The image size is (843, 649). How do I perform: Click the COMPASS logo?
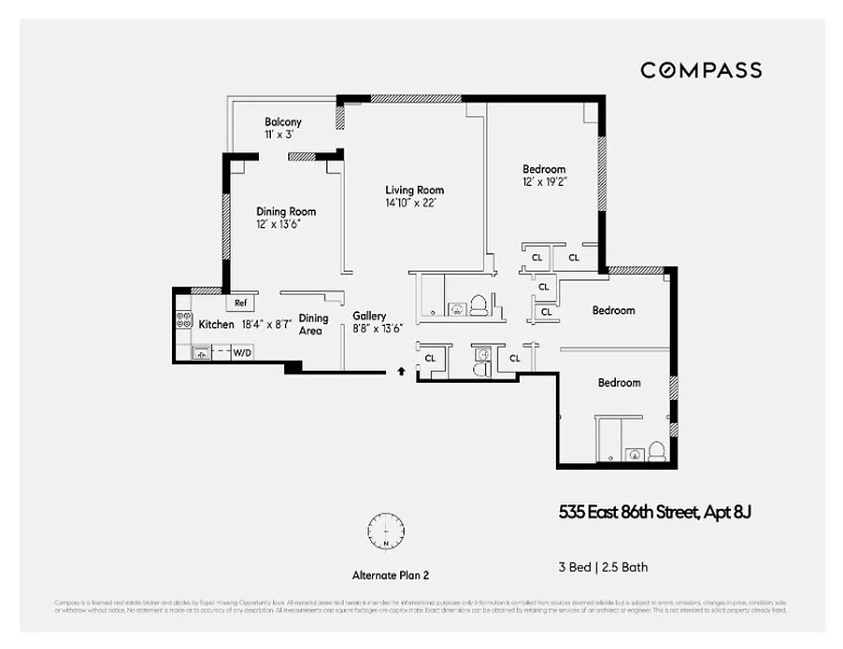click(x=701, y=71)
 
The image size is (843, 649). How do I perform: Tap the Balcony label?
click(x=282, y=122)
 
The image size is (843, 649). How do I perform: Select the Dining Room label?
click(x=286, y=212)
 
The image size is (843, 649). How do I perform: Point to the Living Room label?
click(x=414, y=191)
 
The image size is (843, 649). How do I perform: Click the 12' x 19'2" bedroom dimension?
click(x=544, y=182)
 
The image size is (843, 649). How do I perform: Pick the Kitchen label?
click(x=217, y=324)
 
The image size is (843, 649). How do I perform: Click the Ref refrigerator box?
click(x=240, y=303)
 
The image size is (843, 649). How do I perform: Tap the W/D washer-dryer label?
click(x=242, y=353)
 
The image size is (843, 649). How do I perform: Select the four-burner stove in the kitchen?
click(x=184, y=320)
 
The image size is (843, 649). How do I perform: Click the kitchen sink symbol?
click(x=200, y=353)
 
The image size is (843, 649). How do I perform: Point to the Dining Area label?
click(x=313, y=324)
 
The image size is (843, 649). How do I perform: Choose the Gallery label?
click(x=369, y=316)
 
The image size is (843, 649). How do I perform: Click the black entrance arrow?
click(x=401, y=372)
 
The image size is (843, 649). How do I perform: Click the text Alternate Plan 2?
click(x=389, y=575)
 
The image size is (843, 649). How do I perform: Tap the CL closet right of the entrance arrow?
click(x=430, y=358)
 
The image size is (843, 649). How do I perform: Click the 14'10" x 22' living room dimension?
click(x=414, y=204)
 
